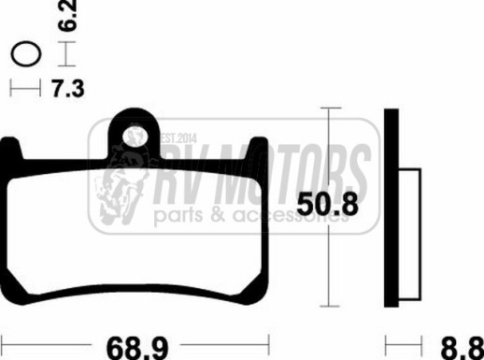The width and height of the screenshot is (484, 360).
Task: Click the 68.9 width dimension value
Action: (x=137, y=348)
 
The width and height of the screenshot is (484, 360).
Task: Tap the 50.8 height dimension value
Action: (x=327, y=205)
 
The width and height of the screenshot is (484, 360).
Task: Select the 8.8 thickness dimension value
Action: (x=463, y=348)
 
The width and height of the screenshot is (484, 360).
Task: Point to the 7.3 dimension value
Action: (x=68, y=89)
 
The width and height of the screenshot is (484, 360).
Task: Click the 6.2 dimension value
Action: (x=67, y=16)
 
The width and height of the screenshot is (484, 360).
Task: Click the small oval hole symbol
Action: (x=26, y=53)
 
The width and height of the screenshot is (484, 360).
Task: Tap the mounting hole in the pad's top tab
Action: (x=135, y=136)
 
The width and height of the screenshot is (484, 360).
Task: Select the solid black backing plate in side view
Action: (x=391, y=208)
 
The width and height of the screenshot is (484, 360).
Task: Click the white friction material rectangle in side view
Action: (x=410, y=234)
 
